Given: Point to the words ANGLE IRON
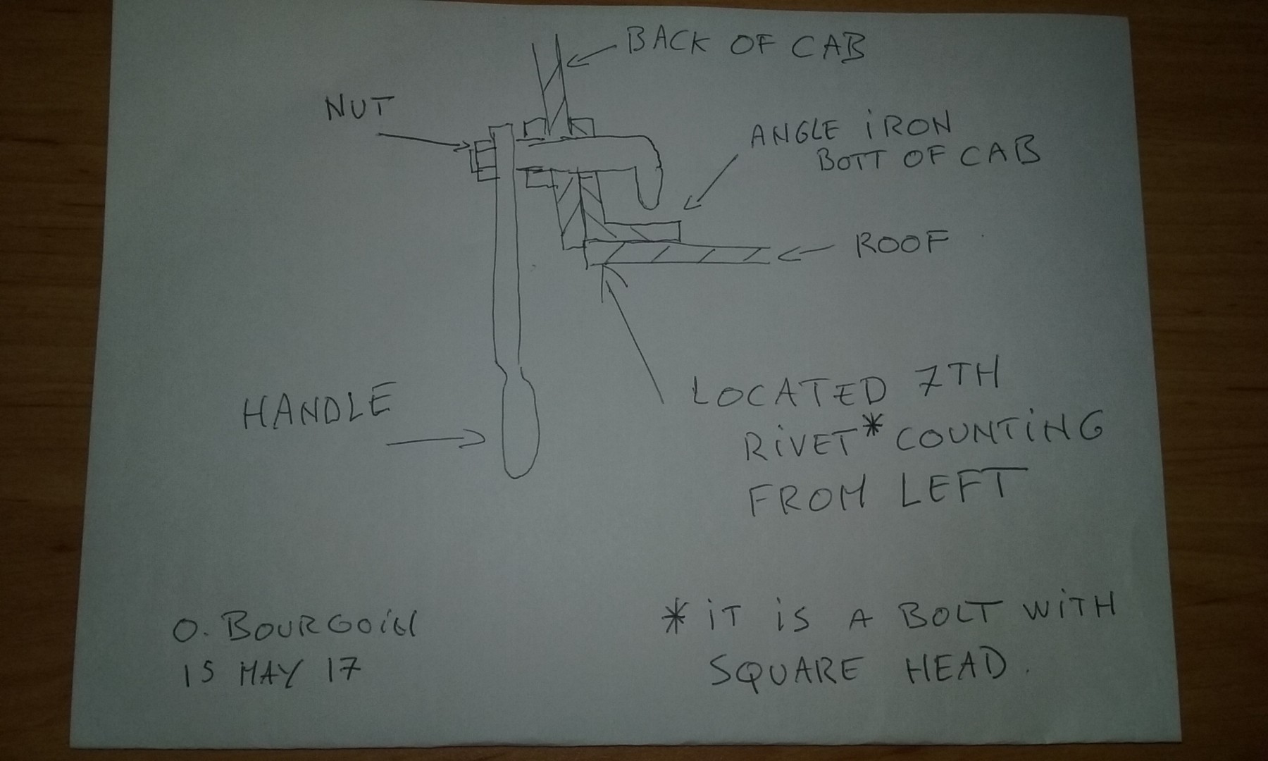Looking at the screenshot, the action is pos(850,131).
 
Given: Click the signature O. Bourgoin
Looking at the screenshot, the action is pos(295,626).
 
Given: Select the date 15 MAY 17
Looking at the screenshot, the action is pos(272,670).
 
